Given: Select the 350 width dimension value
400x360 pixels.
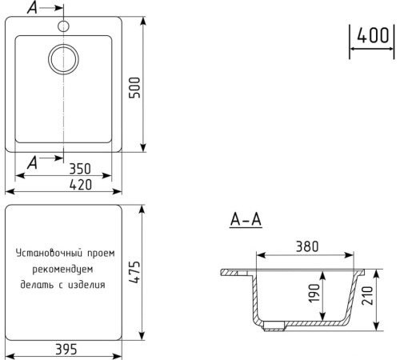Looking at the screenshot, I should (78, 170).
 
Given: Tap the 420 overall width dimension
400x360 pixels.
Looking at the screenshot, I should (78, 185).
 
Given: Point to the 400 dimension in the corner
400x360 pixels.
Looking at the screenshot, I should (373, 37).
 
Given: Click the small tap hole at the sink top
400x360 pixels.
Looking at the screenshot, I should (62, 26).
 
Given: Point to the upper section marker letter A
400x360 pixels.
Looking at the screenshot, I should (32, 9).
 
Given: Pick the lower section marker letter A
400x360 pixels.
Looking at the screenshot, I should (32, 162).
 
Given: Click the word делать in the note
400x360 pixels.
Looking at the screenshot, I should (38, 283).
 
